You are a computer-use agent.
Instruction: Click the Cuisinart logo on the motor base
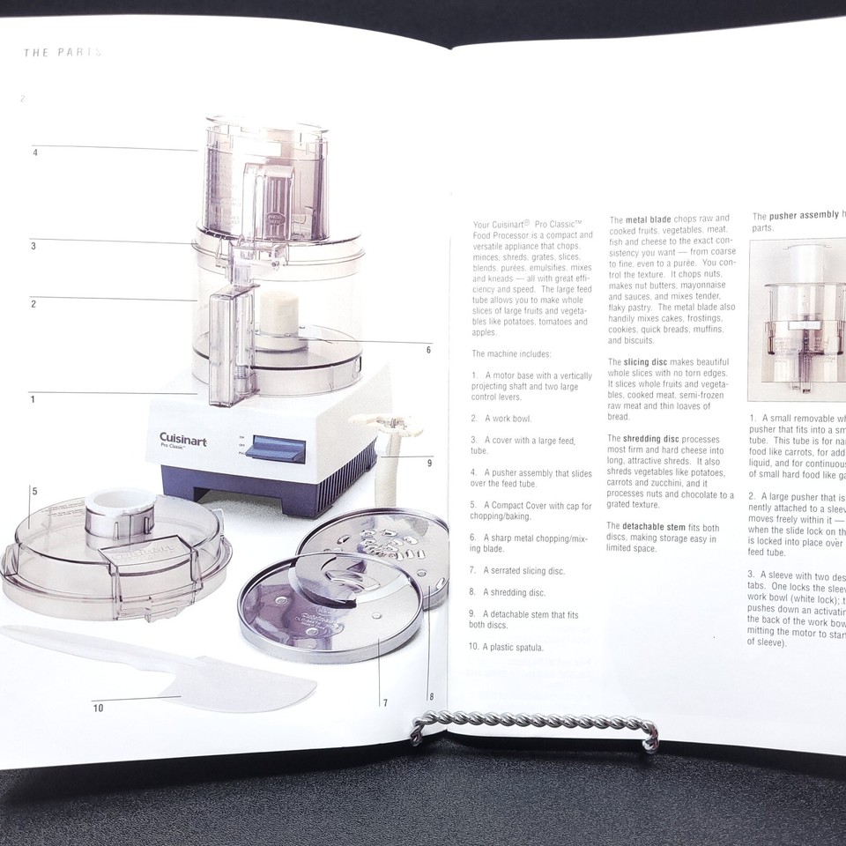182,439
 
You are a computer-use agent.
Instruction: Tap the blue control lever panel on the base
275,449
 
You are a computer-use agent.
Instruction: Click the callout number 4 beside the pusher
35,152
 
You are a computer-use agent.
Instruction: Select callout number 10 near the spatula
98,708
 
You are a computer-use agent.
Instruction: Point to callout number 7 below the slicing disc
385,702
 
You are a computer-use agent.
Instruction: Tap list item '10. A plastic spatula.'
506,648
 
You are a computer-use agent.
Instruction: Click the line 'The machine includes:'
511,354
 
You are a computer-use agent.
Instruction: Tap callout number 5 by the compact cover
34,491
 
